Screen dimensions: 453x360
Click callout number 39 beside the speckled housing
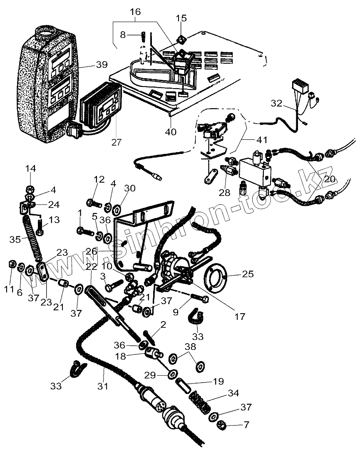tap(102, 64)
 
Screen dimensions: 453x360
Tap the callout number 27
tap(117, 142)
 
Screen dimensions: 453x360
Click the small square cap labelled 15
tap(181, 40)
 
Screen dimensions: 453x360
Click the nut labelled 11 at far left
tap(12, 264)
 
